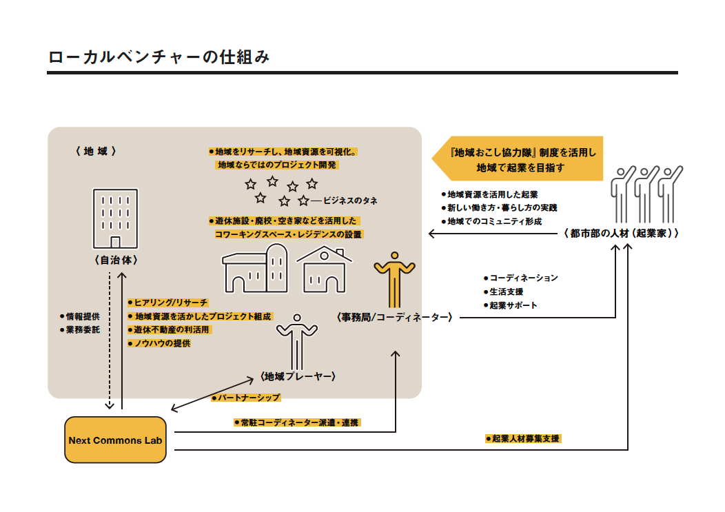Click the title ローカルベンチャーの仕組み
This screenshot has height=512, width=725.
pyautogui.click(x=159, y=57)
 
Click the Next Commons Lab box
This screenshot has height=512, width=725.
pyautogui.click(x=115, y=440)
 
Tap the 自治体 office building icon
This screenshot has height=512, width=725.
pyautogui.click(x=115, y=218)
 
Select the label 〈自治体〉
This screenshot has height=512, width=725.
pyautogui.click(x=115, y=260)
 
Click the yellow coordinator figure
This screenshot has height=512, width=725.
pyautogui.click(x=394, y=280)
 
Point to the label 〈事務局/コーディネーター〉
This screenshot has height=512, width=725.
pyautogui.click(x=394, y=317)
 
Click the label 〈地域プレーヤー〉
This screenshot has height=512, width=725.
pyautogui.click(x=298, y=376)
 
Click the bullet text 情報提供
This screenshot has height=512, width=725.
pyautogui.click(x=83, y=316)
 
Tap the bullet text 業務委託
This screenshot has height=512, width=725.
pyautogui.click(x=83, y=330)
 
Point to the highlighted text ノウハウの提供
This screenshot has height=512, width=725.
pyautogui.click(x=162, y=343)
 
